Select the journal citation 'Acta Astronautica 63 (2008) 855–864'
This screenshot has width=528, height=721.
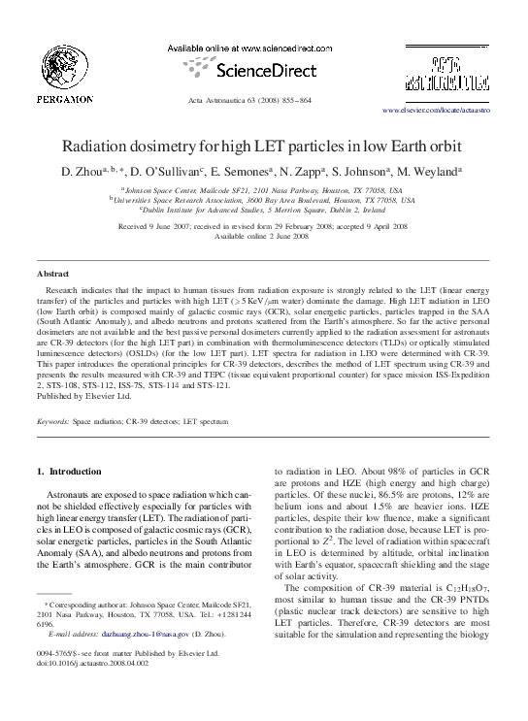(x=263, y=100)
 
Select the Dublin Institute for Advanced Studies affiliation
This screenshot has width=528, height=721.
(x=263, y=209)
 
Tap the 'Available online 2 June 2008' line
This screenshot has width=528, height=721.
(x=263, y=236)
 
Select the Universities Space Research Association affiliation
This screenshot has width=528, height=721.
(x=263, y=200)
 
